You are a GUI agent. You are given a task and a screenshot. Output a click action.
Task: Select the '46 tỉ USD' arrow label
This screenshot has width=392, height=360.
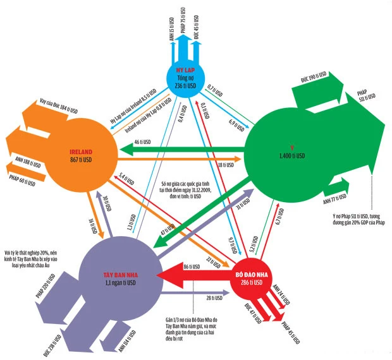point(144,144)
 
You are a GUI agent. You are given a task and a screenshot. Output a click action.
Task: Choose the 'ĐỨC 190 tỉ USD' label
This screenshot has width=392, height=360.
point(315,79)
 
